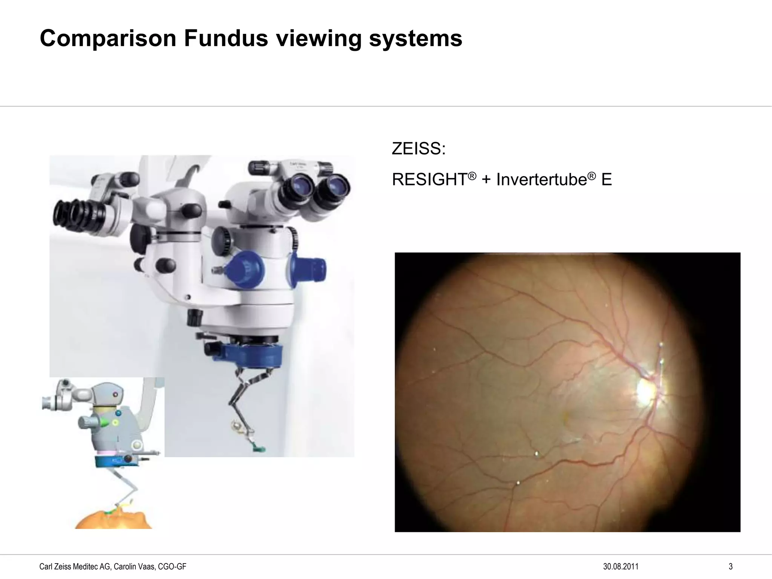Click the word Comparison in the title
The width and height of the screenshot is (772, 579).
click(x=108, y=38)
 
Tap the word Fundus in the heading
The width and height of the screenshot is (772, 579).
click(x=226, y=38)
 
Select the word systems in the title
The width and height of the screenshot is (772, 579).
click(x=415, y=38)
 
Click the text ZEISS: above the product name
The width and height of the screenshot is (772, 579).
click(x=418, y=149)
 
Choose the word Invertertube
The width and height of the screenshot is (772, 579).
click(x=541, y=180)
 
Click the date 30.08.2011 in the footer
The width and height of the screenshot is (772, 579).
click(x=621, y=567)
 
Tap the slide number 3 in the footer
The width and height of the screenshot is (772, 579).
click(x=731, y=567)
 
